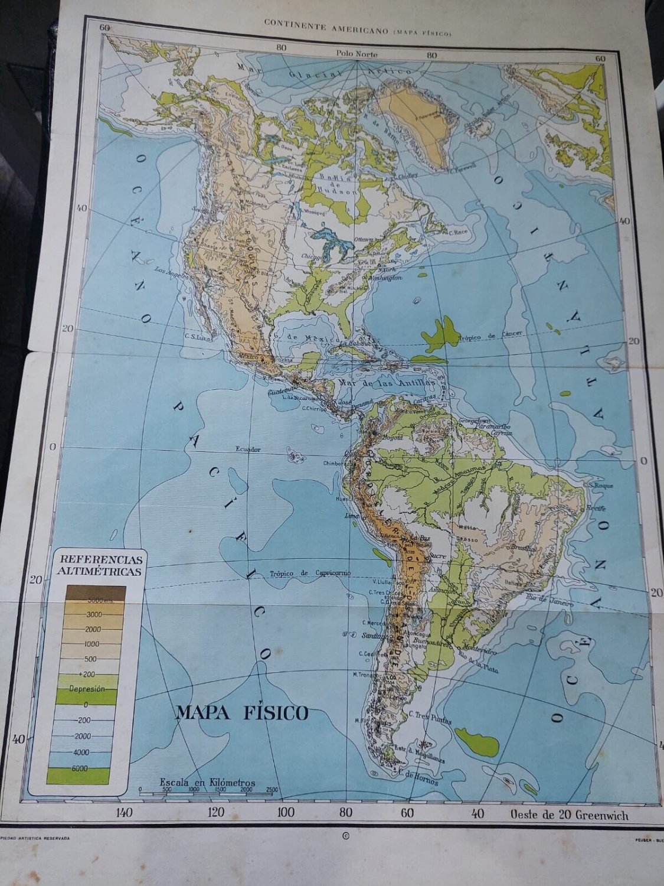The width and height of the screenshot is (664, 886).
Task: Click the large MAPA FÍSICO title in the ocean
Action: pyautogui.click(x=241, y=713)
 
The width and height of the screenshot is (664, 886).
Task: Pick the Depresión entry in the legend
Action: pyautogui.click(x=87, y=689)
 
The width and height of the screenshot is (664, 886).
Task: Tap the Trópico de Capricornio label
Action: pyautogui.click(x=310, y=574)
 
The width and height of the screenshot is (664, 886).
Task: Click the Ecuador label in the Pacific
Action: pyautogui.click(x=248, y=449)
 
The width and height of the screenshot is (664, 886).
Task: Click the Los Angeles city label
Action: pyautogui.click(x=169, y=270)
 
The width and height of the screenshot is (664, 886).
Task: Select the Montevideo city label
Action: pyautogui.click(x=483, y=650)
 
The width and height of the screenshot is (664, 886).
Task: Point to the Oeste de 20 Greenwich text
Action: pyautogui.click(x=570, y=816)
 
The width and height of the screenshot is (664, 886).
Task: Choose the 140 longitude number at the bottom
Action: pyautogui.click(x=125, y=813)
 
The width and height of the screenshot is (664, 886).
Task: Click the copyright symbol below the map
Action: pyautogui.click(x=346, y=836)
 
